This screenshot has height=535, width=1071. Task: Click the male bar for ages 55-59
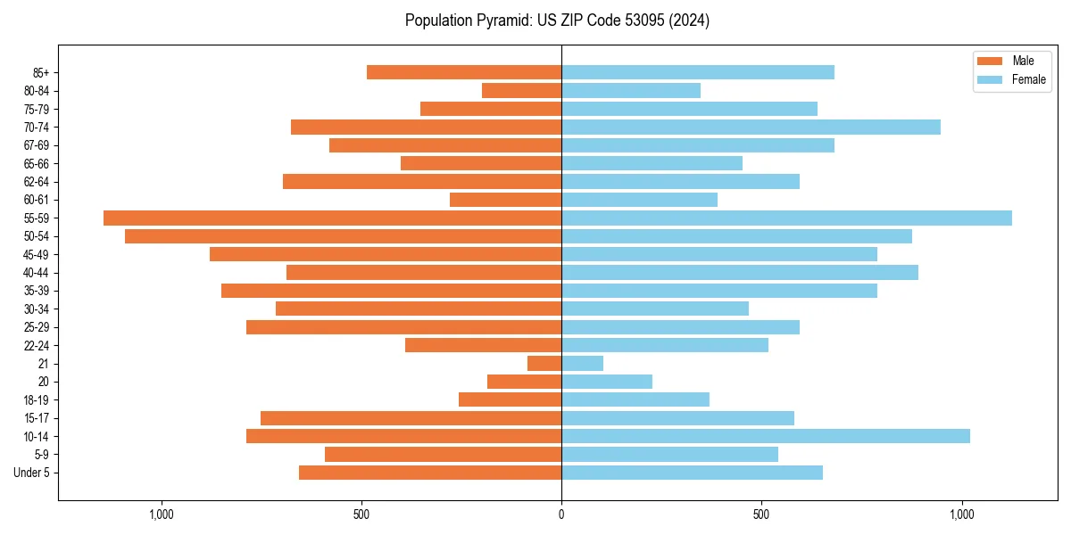tap(332, 218)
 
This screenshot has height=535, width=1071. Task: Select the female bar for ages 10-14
tap(765, 436)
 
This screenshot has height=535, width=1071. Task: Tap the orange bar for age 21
tap(544, 363)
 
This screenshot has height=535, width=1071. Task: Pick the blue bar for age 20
tap(607, 382)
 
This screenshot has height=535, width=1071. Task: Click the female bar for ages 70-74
tap(751, 127)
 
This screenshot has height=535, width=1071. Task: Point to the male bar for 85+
tap(464, 72)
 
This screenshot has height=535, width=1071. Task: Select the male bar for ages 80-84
tap(521, 90)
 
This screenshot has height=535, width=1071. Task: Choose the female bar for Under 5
tap(692, 473)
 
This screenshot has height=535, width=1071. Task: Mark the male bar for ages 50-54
tap(343, 236)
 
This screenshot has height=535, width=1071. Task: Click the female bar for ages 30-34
tap(655, 309)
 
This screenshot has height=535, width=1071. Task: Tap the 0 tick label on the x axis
tap(561, 514)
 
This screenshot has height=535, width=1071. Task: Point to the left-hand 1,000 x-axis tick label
tap(162, 514)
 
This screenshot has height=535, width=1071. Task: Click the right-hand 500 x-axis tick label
tap(761, 514)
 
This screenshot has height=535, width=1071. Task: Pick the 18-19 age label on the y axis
tap(36, 399)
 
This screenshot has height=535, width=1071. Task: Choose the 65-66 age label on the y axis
tap(36, 163)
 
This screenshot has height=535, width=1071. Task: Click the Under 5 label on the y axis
tap(31, 473)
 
